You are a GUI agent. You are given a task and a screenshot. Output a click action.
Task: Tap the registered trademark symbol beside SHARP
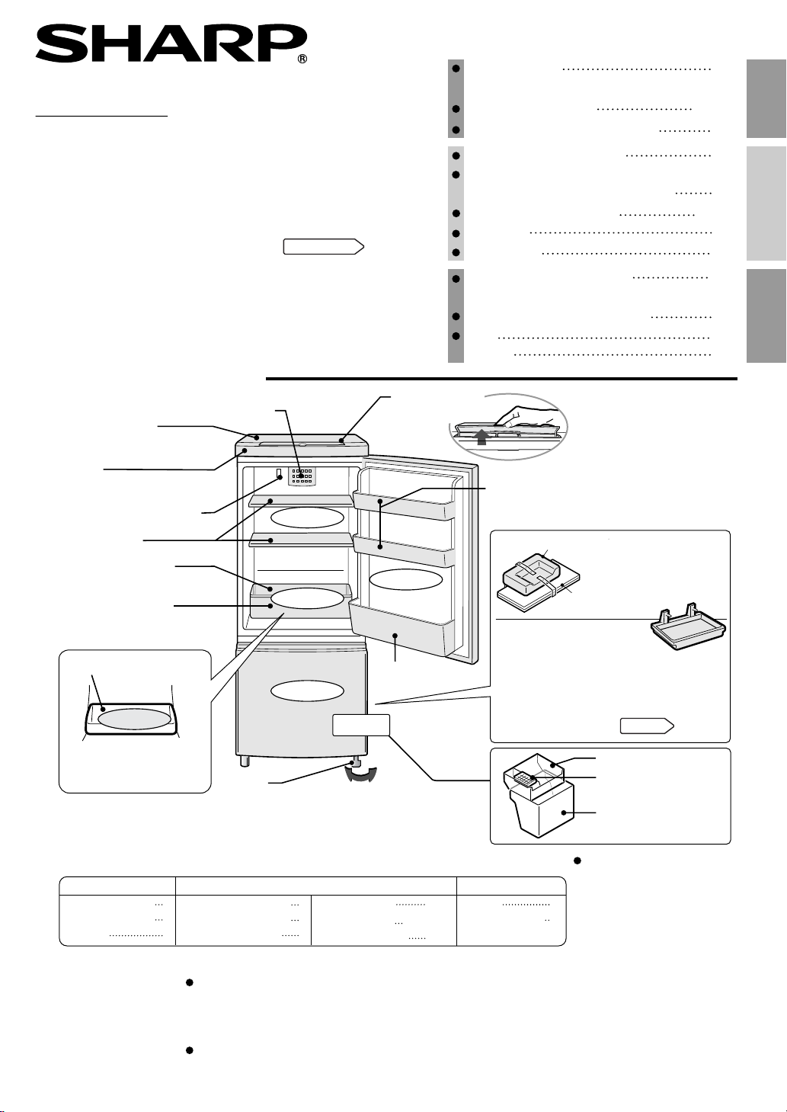[x=302, y=59]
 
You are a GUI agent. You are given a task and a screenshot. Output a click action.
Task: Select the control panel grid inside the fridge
[x=302, y=476]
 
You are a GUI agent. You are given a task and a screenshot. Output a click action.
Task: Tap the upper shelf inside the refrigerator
[x=301, y=501]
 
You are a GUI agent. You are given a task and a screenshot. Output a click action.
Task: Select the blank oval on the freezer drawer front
[x=308, y=691]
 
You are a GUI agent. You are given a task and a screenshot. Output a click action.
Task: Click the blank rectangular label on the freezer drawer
[x=361, y=725]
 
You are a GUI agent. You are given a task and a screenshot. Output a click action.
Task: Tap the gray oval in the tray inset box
[x=135, y=719]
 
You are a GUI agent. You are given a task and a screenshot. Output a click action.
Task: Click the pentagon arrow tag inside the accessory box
[x=647, y=726]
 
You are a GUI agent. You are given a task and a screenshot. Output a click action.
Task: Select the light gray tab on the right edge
[x=766, y=203]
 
